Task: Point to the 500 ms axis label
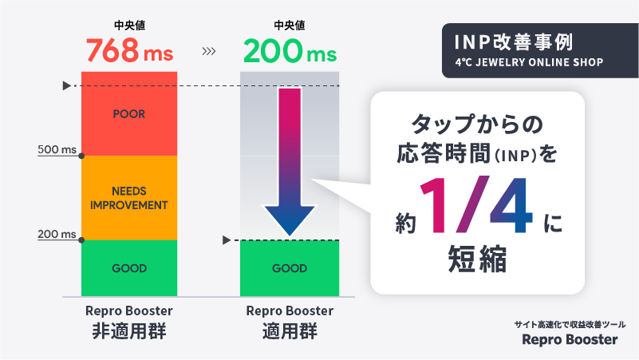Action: coord(57,149)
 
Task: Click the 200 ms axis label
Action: coord(57,234)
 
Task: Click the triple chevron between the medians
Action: coord(209,53)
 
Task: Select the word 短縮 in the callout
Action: coord(479,261)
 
